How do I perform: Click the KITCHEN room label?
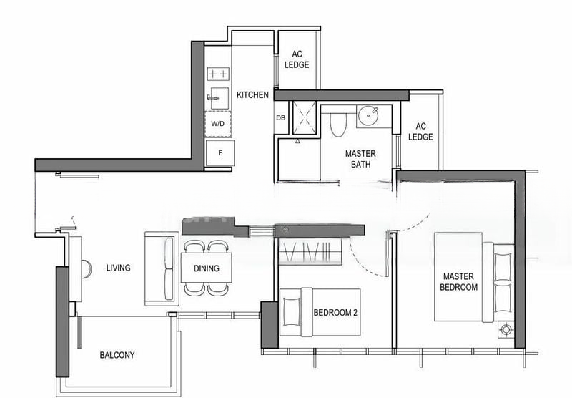(x=252, y=95)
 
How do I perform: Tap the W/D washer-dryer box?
(x=218, y=124)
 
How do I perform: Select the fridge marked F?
(x=220, y=153)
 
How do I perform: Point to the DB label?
(x=280, y=118)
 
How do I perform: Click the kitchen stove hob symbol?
(x=218, y=74)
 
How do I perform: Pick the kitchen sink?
(x=218, y=98)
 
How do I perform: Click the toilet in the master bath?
(x=337, y=124)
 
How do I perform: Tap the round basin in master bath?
(x=368, y=116)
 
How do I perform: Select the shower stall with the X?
(x=305, y=117)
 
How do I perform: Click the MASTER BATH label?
(x=360, y=159)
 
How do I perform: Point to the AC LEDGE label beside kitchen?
(x=297, y=59)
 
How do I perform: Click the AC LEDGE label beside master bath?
(x=420, y=132)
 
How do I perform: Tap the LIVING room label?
(x=119, y=268)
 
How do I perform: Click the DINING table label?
(x=207, y=268)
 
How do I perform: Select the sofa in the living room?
(x=162, y=268)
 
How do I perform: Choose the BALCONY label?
(x=117, y=355)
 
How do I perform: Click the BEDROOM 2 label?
(x=335, y=313)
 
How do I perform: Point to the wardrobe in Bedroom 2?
(x=310, y=251)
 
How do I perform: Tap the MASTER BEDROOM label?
(x=458, y=282)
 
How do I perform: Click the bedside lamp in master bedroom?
(x=506, y=330)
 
